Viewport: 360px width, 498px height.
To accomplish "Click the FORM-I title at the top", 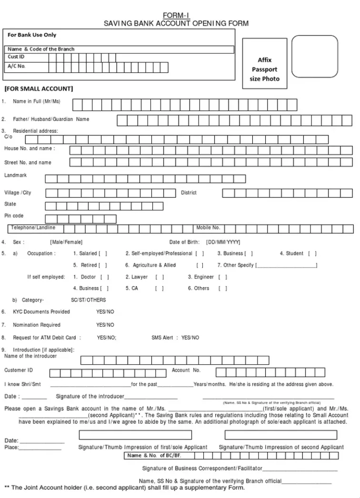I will pyautogui.click(x=176, y=16).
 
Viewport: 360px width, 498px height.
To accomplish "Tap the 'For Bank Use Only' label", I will pyautogui.click(x=32, y=35).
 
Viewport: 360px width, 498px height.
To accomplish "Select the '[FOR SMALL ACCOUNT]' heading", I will pyautogui.click(x=39, y=89).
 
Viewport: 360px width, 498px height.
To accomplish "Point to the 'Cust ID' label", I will pyautogui.click(x=16, y=57).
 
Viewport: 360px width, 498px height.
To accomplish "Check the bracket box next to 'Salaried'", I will pyautogui.click(x=103, y=254).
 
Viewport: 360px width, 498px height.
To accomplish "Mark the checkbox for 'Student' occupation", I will pyautogui.click(x=312, y=254).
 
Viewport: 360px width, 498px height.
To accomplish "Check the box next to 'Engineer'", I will pyautogui.click(x=222, y=277).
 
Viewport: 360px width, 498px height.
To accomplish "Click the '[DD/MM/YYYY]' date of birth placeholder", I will pyautogui.click(x=223, y=242).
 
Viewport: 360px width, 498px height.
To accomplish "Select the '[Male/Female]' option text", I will pyautogui.click(x=66, y=242).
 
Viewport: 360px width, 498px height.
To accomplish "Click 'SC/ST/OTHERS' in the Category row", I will pyautogui.click(x=89, y=300).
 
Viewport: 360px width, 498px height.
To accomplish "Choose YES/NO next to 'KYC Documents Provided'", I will pyautogui.click(x=105, y=312).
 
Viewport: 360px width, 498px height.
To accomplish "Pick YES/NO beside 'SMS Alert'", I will pyautogui.click(x=190, y=338).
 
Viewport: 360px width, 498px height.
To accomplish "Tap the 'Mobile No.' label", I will pyautogui.click(x=208, y=228).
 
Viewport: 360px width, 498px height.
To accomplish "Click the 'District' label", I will pyautogui.click(x=189, y=193).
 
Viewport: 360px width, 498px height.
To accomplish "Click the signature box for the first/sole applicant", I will pyautogui.click(x=135, y=435).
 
